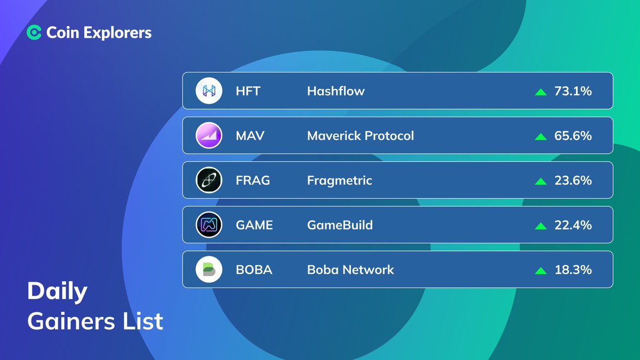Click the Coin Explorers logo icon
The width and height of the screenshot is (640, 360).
pyautogui.click(x=34, y=33)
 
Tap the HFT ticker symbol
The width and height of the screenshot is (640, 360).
pyautogui.click(x=248, y=91)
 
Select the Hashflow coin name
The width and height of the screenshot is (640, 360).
pyautogui.click(x=335, y=91)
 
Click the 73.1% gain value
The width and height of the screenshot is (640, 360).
pyautogui.click(x=573, y=91)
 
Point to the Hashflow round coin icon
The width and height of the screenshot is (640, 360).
pyautogui.click(x=209, y=91)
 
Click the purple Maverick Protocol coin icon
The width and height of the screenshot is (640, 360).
pyautogui.click(x=209, y=135)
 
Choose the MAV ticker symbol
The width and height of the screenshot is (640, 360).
pyautogui.click(x=250, y=136)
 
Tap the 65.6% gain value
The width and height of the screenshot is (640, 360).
pyautogui.click(x=573, y=136)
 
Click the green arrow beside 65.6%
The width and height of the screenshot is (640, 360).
pyautogui.click(x=540, y=137)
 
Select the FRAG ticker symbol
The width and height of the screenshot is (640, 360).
pyautogui.click(x=253, y=181)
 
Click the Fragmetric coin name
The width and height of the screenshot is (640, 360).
pyautogui.click(x=339, y=181)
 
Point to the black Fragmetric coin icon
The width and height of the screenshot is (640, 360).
pyautogui.click(x=209, y=180)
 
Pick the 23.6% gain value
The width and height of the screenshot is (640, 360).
pyautogui.click(x=573, y=181)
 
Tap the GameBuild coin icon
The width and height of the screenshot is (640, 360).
pyautogui.click(x=209, y=225)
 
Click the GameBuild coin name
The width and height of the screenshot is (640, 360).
pyautogui.click(x=340, y=225)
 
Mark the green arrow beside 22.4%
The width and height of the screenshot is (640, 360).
pyautogui.click(x=540, y=226)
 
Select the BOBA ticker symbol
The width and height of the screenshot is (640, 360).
pyautogui.click(x=254, y=270)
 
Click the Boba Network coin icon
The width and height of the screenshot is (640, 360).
pyautogui.click(x=209, y=270)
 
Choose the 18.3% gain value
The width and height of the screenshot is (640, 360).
pyautogui.click(x=573, y=270)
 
